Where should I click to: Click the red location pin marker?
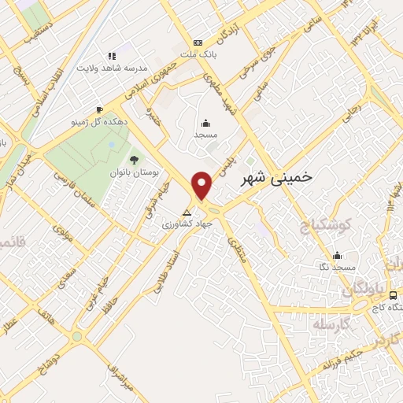(x=203, y=186)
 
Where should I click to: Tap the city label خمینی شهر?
(x=275, y=178)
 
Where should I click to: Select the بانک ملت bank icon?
(x=198, y=43)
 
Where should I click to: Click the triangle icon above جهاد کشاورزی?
(x=187, y=213)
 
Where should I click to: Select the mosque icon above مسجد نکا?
(x=338, y=255)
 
